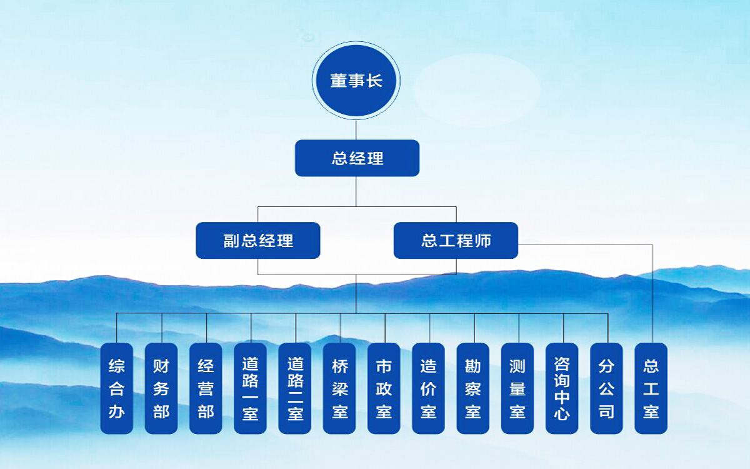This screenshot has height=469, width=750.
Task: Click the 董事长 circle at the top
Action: (x=356, y=81)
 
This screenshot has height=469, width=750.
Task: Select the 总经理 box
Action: (x=357, y=158)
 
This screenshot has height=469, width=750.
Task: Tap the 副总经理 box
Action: (x=257, y=241)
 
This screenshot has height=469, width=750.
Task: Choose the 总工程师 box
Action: (x=456, y=241)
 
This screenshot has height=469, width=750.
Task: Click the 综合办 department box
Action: (x=116, y=388)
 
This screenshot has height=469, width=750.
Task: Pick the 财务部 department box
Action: (x=161, y=388)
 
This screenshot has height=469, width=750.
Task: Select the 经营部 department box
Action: (x=206, y=388)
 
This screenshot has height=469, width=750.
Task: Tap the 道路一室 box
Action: (x=250, y=388)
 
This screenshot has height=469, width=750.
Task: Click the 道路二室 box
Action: (x=294, y=388)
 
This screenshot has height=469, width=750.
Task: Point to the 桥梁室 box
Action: (x=339, y=388)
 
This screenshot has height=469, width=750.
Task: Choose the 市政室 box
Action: (x=384, y=388)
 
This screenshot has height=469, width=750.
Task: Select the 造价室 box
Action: (x=428, y=388)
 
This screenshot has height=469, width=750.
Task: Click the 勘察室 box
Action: (x=472, y=388)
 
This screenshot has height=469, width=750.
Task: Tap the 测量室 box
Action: (x=517, y=388)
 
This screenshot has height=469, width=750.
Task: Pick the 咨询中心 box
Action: (x=562, y=388)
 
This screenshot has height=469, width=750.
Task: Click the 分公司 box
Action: (x=606, y=388)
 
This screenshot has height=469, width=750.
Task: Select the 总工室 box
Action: (x=651, y=388)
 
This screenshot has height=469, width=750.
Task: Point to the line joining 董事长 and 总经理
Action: (x=356, y=130)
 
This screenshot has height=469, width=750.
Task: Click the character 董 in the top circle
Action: (x=338, y=81)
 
